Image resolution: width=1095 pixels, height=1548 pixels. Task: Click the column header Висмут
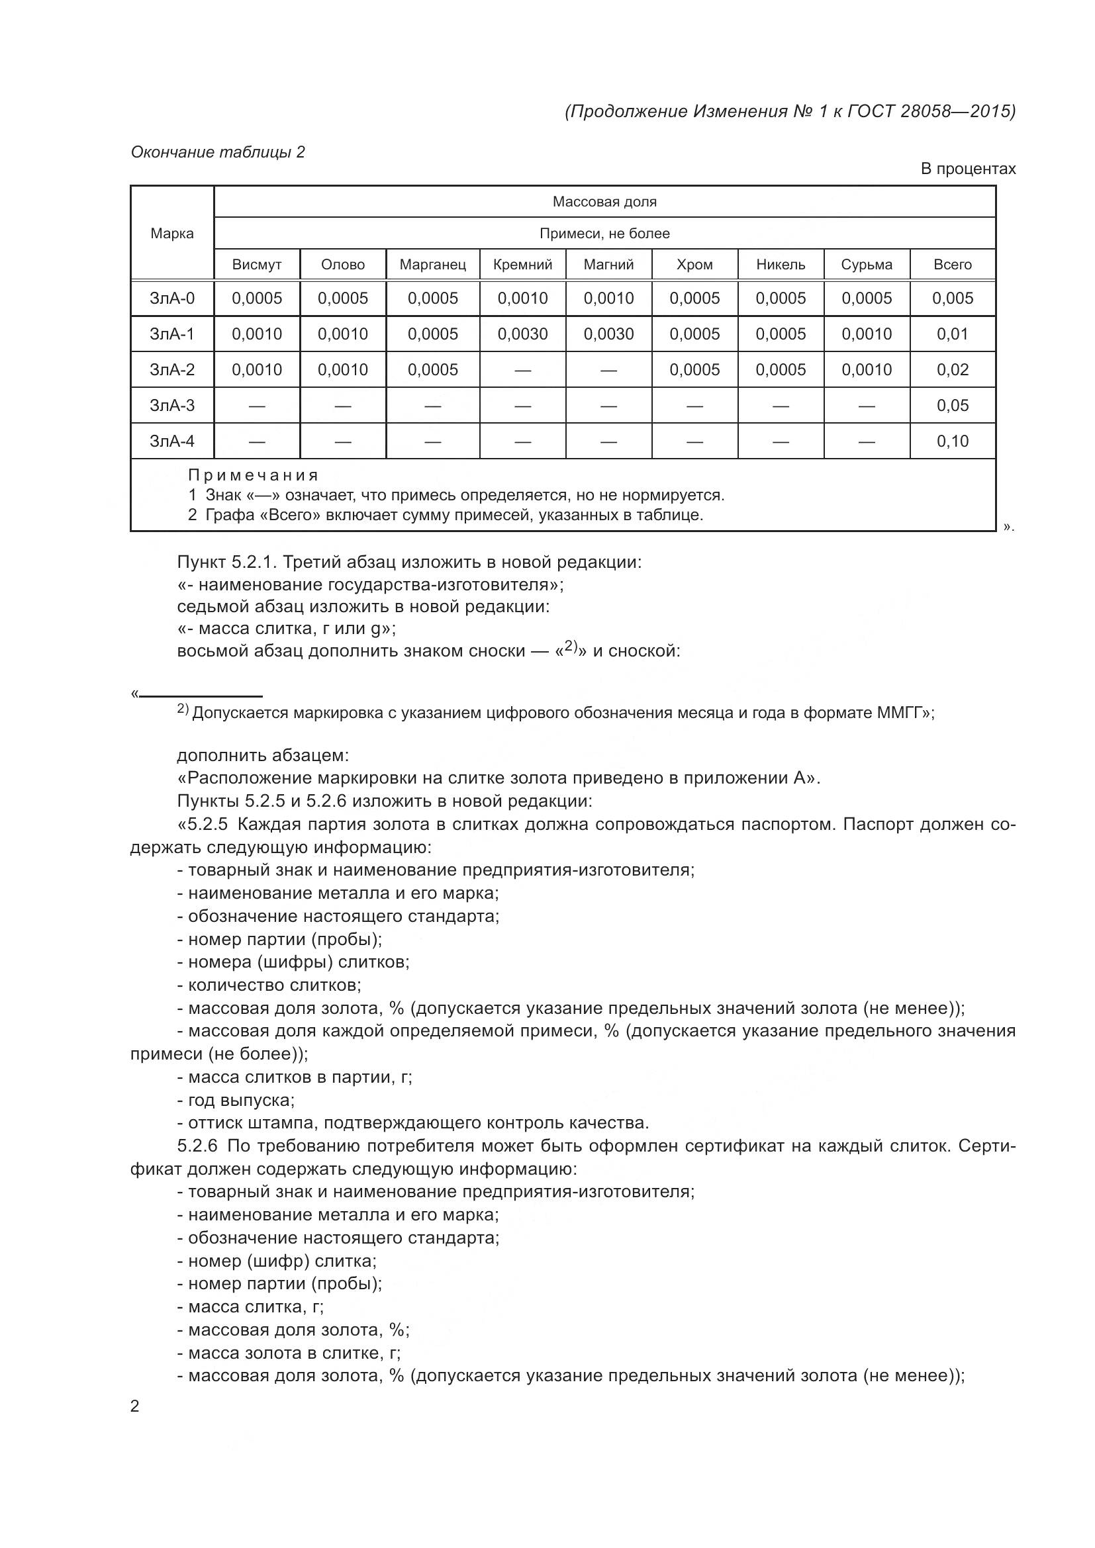[256, 264]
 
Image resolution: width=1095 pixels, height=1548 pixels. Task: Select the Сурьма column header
[867, 264]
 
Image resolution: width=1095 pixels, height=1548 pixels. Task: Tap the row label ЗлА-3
[172, 405]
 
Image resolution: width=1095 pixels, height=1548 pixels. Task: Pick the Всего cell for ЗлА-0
[952, 298]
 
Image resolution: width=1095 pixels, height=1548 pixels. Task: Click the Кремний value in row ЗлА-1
[522, 334]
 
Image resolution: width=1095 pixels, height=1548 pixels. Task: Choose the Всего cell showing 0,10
[952, 441]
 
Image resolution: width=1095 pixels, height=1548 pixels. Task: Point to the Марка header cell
[172, 233]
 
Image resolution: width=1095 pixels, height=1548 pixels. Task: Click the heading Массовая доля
[604, 202]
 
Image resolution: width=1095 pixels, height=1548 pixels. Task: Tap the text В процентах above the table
[968, 169]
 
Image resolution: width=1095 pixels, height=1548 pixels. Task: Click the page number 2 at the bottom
[135, 1406]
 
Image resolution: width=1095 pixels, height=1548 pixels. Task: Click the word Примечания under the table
[253, 475]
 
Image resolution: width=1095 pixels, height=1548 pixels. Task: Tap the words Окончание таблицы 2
[218, 152]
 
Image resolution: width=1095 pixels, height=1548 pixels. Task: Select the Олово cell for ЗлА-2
[342, 369]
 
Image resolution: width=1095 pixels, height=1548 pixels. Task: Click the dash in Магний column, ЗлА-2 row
[608, 370]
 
